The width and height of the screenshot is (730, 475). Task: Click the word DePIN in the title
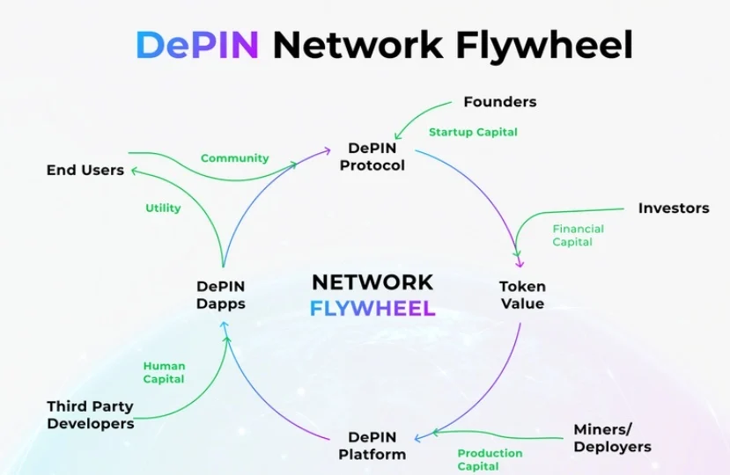[x=197, y=44]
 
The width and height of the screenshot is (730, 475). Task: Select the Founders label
[x=499, y=102]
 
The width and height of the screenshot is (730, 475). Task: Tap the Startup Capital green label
[x=473, y=132]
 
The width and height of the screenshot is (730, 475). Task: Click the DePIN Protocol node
[x=372, y=157]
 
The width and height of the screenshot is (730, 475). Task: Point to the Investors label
[x=674, y=208]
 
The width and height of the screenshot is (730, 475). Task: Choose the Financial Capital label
[x=578, y=235]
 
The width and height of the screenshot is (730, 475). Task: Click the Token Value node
[x=522, y=295]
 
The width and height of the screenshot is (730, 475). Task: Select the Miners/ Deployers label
[x=612, y=438]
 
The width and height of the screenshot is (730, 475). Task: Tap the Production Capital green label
[x=490, y=459]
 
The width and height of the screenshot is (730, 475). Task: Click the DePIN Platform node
[x=372, y=446]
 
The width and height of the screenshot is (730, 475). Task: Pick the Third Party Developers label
[x=90, y=415]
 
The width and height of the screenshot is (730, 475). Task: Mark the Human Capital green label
[x=164, y=372]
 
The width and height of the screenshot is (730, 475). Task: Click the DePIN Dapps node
[x=220, y=295]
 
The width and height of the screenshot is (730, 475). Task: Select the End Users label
[x=85, y=170]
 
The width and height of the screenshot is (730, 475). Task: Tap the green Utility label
[x=163, y=208]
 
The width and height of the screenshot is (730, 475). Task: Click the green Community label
[x=234, y=158]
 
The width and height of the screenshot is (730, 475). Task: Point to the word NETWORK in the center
[x=372, y=282]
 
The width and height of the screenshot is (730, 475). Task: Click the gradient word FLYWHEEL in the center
[x=372, y=308]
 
